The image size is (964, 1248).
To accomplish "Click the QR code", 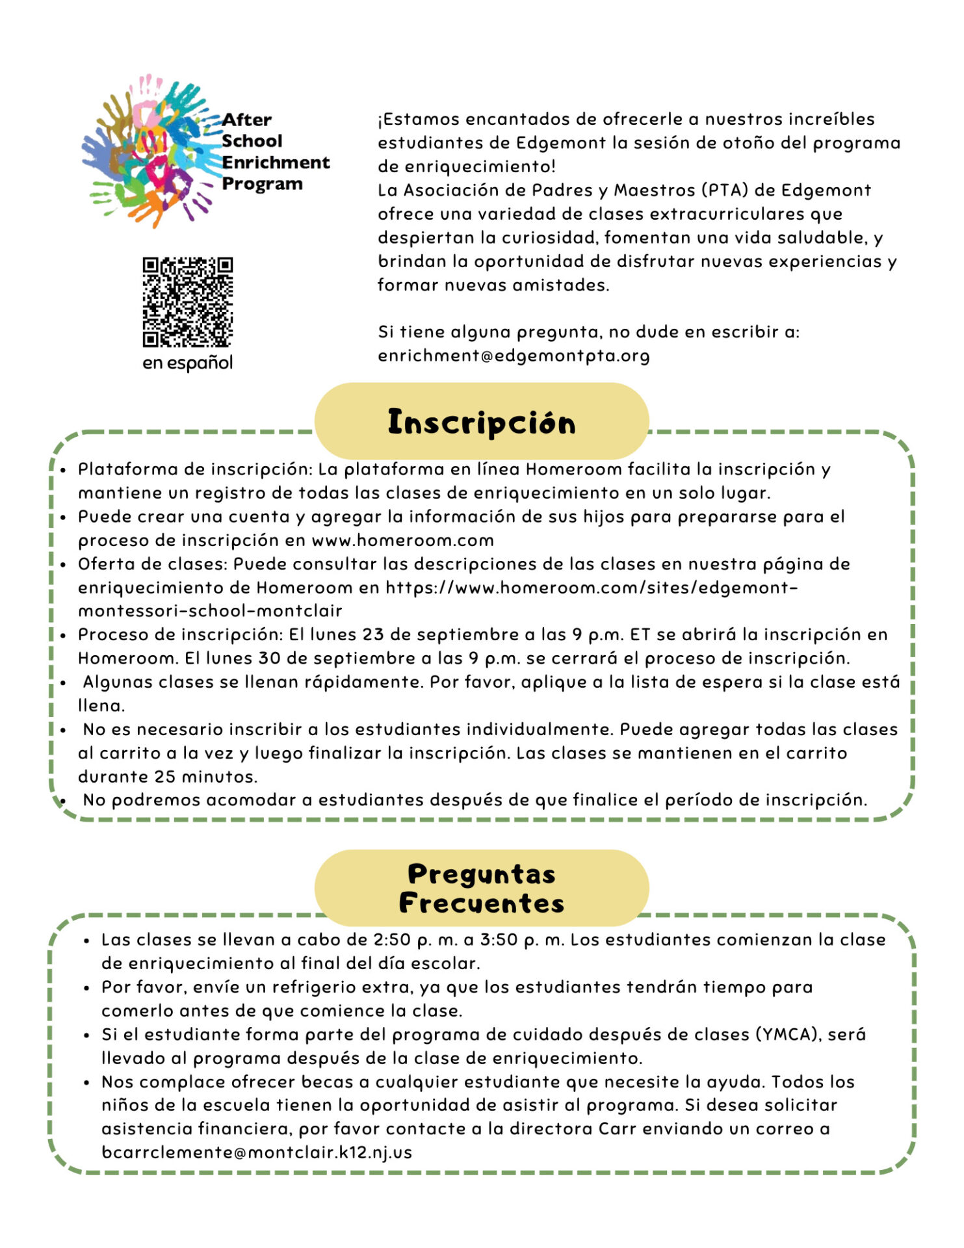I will pyautogui.click(x=187, y=302).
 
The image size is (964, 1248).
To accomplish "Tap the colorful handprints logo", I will pyautogui.click(x=150, y=151).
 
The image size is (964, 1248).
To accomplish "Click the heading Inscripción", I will pyautogui.click(x=482, y=422).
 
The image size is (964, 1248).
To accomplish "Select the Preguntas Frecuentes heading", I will pyautogui.click(x=482, y=888).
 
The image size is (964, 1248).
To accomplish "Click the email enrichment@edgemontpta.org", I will pyautogui.click(x=514, y=356).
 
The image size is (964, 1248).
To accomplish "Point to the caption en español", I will pyautogui.click(x=187, y=363).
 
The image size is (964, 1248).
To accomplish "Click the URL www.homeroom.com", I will pyautogui.click(x=403, y=540).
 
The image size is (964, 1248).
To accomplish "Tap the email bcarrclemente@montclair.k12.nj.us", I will pyautogui.click(x=257, y=1152).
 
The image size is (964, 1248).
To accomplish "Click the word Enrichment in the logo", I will pyautogui.click(x=276, y=162).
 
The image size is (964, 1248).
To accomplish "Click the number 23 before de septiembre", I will pyautogui.click(x=373, y=634).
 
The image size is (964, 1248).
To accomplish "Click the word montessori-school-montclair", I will pyautogui.click(x=210, y=611).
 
